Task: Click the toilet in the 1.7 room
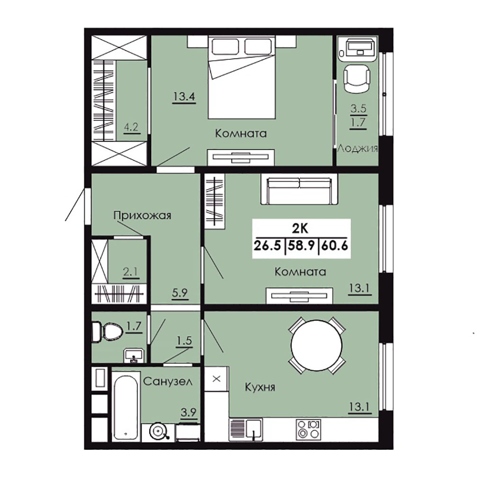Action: point(106,331)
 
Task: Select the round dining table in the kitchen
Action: point(317,345)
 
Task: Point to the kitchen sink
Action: point(253,429)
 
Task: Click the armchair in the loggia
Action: point(357,78)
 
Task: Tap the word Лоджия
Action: point(358,149)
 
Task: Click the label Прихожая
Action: point(143,215)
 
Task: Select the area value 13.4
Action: point(184,97)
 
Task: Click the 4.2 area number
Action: point(131,127)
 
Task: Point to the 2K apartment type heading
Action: point(300,228)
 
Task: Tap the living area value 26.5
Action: point(267,246)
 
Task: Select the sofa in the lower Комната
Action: point(299,190)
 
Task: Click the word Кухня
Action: point(260,387)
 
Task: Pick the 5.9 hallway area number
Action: point(180,293)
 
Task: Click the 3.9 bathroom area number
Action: point(188,412)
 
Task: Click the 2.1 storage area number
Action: point(131,272)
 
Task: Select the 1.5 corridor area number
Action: point(184,340)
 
